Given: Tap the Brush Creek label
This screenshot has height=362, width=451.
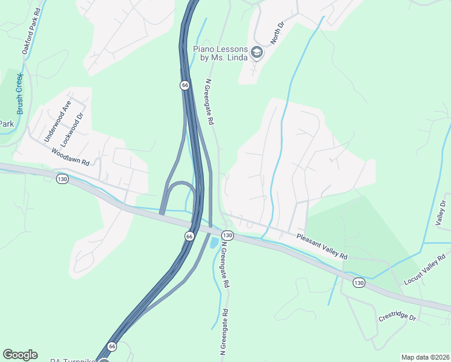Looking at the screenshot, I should pos(20,94).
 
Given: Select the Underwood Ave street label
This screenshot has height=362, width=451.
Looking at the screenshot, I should pos(58,121).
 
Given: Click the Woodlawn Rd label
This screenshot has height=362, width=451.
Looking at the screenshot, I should pos(70,158).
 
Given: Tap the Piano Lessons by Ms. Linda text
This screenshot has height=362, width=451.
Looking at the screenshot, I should pos(220,53).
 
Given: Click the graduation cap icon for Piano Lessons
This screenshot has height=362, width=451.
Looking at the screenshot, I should pos(256,53).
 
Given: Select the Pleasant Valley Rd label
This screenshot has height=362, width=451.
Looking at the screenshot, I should pos(323,247).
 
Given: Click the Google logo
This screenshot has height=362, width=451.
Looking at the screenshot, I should pos(20,355).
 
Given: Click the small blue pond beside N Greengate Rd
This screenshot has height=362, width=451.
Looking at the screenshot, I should pos(213,243).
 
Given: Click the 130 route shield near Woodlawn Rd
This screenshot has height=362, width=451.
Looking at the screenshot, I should pos(62,179).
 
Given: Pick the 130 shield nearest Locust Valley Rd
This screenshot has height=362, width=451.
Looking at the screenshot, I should pos(359,283).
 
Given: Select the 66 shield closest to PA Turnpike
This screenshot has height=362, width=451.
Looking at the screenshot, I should pos(112,346).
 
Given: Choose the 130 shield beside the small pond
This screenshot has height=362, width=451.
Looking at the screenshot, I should pos(227,235).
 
